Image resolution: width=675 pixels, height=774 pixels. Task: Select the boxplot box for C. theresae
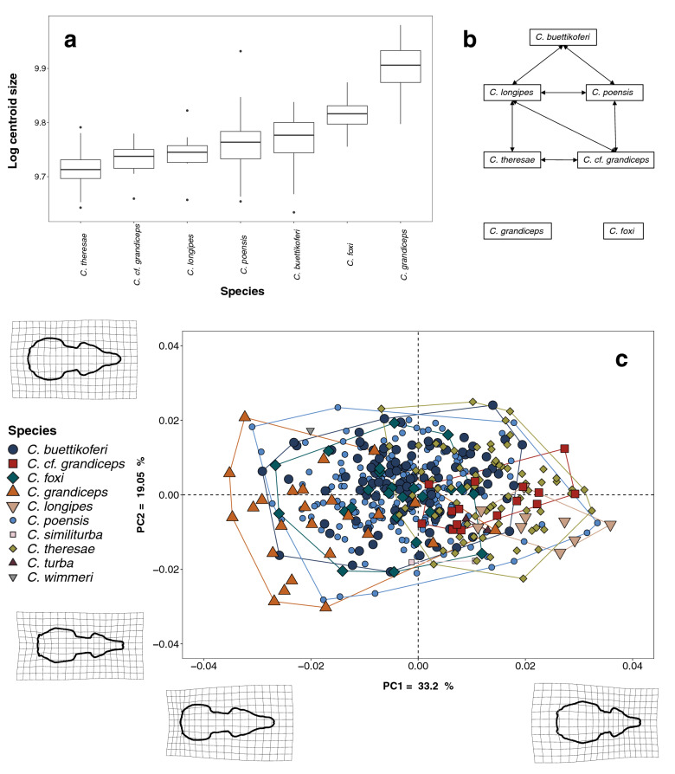pyautogui.click(x=87, y=169)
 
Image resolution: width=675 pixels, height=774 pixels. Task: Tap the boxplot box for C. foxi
pyautogui.click(x=353, y=115)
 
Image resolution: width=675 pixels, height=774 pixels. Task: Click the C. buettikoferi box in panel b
pyautogui.click(x=564, y=37)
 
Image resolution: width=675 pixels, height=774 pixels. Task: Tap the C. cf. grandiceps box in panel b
pyautogui.click(x=614, y=160)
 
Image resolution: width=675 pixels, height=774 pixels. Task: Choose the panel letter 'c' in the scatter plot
pyautogui.click(x=620, y=358)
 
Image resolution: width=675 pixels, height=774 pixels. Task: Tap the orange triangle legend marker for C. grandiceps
pyautogui.click(x=16, y=497)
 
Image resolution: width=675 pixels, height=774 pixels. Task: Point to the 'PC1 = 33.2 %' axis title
pyautogui.click(x=418, y=686)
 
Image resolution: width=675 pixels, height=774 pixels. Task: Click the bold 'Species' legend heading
pyautogui.click(x=34, y=429)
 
